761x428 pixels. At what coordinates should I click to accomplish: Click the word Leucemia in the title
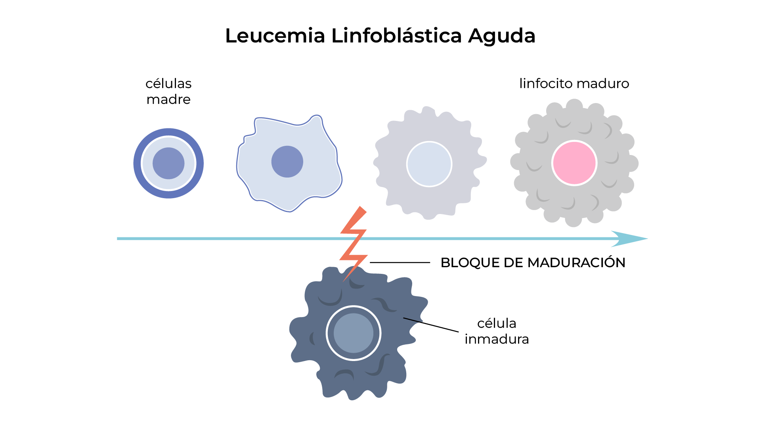tap(275, 36)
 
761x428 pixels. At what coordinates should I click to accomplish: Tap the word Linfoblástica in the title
tap(396, 36)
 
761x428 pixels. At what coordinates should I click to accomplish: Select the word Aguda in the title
tap(501, 36)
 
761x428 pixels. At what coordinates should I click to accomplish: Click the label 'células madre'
tap(168, 91)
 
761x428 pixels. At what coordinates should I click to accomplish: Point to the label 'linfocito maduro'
tap(574, 84)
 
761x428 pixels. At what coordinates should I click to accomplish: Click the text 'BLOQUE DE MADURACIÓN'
tap(533, 263)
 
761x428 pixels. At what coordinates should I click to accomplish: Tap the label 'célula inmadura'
tap(497, 331)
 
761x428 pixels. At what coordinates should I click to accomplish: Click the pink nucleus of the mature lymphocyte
tap(574, 163)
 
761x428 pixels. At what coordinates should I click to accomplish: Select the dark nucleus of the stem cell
tap(168, 163)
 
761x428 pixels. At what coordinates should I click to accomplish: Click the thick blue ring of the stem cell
tap(137, 163)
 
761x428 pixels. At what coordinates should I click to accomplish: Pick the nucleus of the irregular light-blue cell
tap(287, 162)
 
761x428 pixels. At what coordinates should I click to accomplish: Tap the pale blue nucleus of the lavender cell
tap(429, 164)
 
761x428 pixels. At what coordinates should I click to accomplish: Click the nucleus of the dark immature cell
tap(354, 333)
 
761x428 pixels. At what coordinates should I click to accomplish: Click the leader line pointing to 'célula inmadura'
tap(431, 325)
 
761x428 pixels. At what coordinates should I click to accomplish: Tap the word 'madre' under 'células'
tap(168, 99)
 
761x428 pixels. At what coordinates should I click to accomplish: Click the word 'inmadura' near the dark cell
tap(497, 339)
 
